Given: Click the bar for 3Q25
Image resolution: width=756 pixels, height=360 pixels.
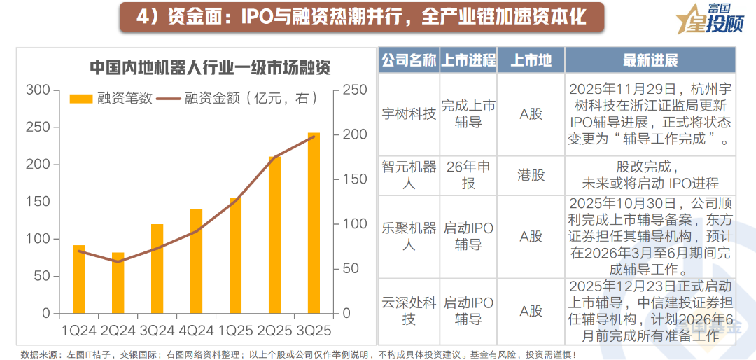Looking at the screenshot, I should pos(314,223).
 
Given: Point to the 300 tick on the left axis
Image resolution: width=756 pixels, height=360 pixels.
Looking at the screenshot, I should pos(38,90).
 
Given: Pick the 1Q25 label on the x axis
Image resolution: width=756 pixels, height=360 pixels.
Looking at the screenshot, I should pos(235,330).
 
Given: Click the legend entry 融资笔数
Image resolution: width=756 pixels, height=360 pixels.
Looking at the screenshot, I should pos(113,99).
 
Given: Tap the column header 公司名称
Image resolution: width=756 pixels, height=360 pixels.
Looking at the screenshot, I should pos(409,60).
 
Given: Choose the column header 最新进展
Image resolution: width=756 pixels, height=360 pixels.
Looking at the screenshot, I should pos(650,60).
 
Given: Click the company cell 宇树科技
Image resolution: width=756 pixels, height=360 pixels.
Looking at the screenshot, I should pos(409,113).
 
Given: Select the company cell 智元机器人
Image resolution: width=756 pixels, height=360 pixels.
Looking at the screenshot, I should pos(409,175).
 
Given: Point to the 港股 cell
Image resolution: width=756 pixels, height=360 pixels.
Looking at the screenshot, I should pos(531,175).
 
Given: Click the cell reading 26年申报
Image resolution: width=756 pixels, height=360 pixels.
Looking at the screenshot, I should pos(468,175).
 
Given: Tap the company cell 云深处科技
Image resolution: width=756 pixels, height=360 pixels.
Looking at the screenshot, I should pos(409,311).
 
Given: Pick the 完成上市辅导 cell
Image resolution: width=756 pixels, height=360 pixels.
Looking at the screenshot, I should pos(468,113).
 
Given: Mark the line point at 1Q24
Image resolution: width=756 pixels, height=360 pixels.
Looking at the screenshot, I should pos(78,251).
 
